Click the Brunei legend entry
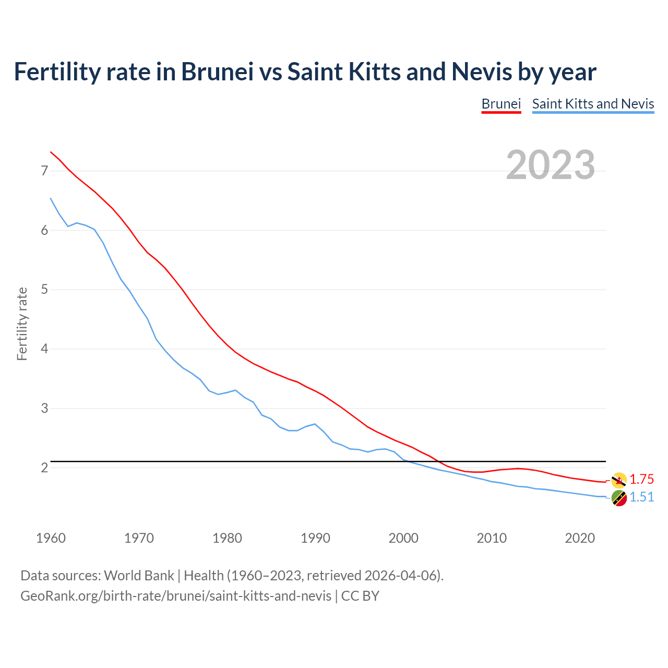tap(501, 104)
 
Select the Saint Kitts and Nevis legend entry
tap(593, 104)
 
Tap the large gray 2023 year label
tap(551, 165)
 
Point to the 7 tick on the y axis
tap(44, 171)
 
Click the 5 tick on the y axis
tap(44, 290)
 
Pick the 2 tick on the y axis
tap(44, 468)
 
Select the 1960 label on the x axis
tap(51, 538)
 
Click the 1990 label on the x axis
tap(315, 538)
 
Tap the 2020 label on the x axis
tap(580, 538)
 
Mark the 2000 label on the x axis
tap(403, 538)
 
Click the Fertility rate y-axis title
tap(22, 324)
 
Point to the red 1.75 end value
tap(641, 480)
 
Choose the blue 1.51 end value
tap(641, 497)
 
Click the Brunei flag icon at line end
tap(619, 480)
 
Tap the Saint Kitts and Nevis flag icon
tap(619, 498)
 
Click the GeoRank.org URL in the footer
tap(175, 596)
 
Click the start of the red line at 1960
tap(51, 152)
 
